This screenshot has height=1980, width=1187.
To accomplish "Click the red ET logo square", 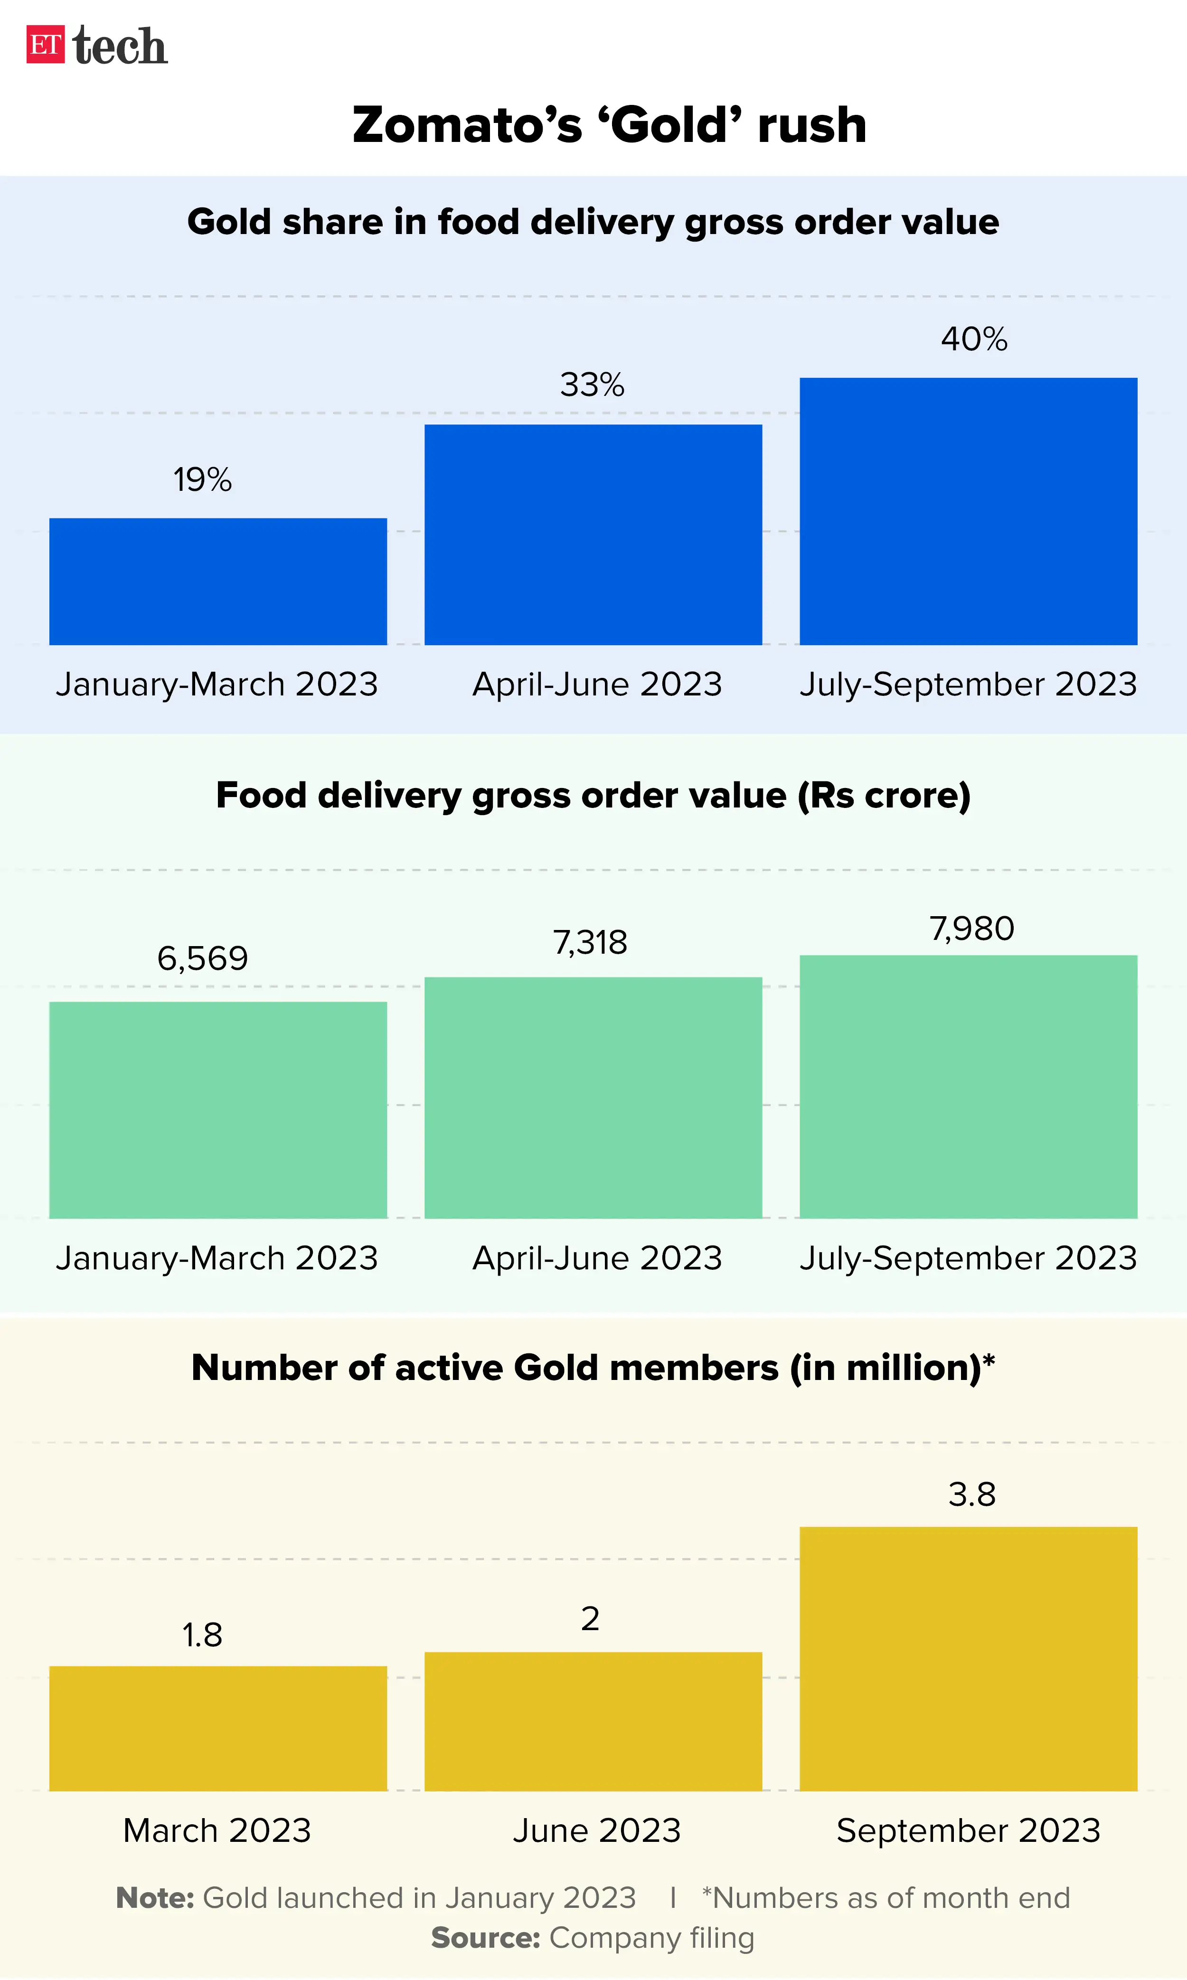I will pos(45,45).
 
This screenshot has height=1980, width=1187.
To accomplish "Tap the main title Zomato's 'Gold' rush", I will pos(610,125).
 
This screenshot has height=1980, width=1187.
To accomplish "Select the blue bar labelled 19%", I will pos(218,582).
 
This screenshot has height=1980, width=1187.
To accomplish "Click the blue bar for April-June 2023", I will pos(593,534).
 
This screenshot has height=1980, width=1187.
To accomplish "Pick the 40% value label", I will pos(973,339).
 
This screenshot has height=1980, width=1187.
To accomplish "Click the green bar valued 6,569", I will pos(218,1110).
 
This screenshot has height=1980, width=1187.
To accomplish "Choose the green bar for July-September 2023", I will pos(968,1086).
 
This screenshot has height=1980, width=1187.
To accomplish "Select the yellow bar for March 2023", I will pos(218,1728).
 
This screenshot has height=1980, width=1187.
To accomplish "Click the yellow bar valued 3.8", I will pos(968,1659).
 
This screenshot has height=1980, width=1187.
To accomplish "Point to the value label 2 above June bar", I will pos(590,1619).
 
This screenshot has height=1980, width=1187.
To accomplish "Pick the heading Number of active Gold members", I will pos(593,1368).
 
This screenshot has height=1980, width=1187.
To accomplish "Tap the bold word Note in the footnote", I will pos(155,1897).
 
